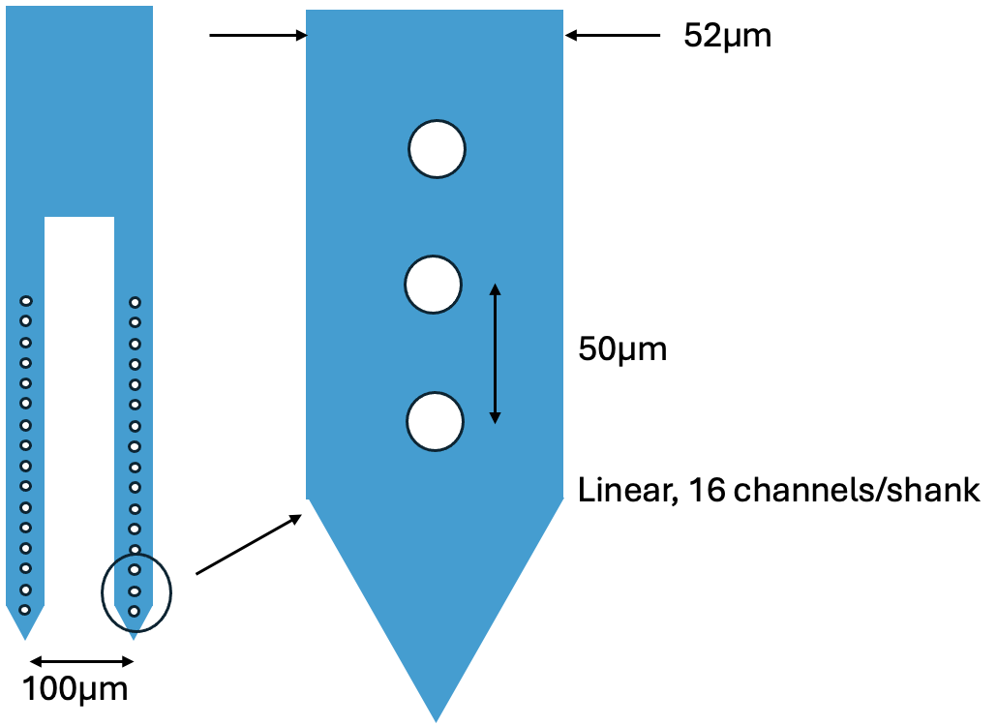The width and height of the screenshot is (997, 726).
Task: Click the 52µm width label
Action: [727, 36]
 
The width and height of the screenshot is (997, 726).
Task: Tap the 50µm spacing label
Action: [622, 348]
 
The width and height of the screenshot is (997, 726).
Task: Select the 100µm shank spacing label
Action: [75, 690]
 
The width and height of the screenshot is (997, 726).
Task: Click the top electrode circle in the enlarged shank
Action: [437, 149]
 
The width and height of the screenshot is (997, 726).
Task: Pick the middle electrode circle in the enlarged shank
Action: [433, 286]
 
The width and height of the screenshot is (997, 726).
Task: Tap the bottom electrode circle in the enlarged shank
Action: [436, 422]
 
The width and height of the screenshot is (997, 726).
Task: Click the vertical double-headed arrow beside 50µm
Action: [495, 352]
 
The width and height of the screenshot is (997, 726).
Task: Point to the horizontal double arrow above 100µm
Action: [81, 661]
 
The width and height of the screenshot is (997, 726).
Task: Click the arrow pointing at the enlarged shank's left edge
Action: [257, 36]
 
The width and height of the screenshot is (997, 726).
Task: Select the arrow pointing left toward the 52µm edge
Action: [613, 36]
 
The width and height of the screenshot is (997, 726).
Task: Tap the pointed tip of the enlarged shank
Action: [436, 717]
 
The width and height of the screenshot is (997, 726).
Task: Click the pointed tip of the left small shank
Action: [25, 636]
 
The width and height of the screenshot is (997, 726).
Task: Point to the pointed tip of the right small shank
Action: [134, 636]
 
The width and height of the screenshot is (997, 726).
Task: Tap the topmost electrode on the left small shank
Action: [26, 302]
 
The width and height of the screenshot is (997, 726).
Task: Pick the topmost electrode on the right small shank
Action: [135, 302]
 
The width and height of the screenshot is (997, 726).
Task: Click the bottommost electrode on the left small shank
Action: [25, 610]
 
